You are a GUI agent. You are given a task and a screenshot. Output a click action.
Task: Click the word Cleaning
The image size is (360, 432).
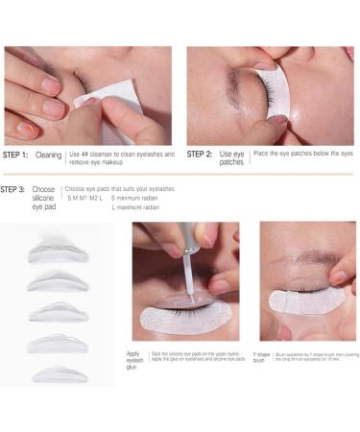pyautogui.click(x=49, y=154)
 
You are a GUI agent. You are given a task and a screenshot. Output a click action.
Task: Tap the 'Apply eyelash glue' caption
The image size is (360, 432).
pyautogui.click(x=133, y=361)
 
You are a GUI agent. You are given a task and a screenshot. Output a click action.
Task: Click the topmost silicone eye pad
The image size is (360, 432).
pyautogui.click(x=56, y=252)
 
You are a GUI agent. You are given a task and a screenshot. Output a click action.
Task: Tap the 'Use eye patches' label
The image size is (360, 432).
pyautogui.click(x=231, y=157)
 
